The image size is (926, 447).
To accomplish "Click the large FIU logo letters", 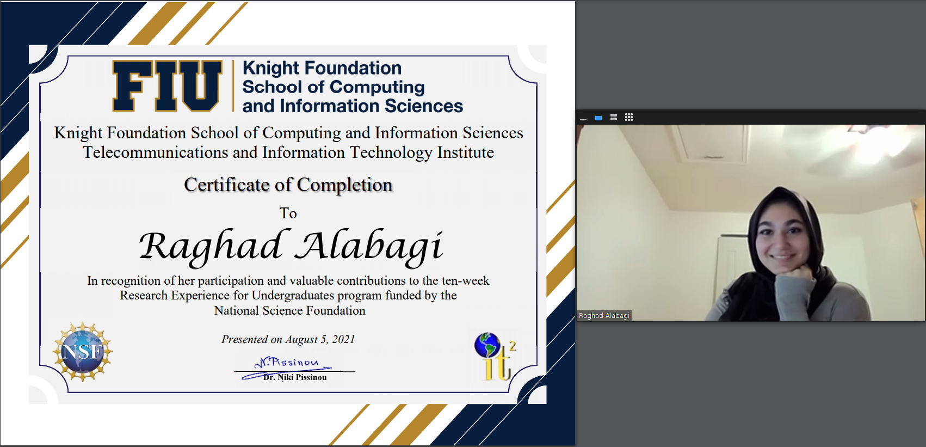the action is (x=167, y=86).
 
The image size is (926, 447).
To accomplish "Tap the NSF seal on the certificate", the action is (x=82, y=352).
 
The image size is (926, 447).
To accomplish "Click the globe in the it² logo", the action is (x=487, y=345).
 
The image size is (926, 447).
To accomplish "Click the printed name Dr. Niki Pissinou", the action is (x=295, y=377).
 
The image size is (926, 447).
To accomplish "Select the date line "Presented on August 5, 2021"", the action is (x=288, y=339).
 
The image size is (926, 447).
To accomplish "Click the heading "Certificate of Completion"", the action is (x=288, y=185).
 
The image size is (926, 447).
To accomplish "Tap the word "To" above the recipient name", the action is (x=288, y=213).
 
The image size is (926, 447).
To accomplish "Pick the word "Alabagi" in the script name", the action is (x=370, y=247).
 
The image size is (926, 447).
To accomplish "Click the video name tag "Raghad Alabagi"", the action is (x=604, y=315).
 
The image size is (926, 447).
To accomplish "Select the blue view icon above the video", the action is (x=598, y=118).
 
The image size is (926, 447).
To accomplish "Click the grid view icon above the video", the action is (x=629, y=118).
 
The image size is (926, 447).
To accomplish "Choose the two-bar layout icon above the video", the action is (x=614, y=118).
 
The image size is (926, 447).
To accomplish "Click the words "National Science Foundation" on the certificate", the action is (x=290, y=310).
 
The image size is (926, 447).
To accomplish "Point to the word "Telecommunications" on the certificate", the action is (x=156, y=152).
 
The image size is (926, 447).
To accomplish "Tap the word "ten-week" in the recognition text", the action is (x=466, y=280).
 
